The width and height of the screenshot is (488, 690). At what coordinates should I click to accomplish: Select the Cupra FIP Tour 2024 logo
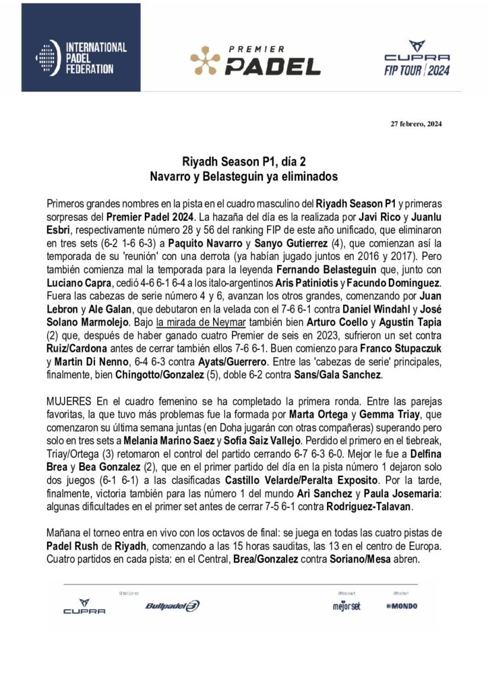(x=416, y=59)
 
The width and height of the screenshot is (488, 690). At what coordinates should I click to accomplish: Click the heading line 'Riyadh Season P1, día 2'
(x=243, y=162)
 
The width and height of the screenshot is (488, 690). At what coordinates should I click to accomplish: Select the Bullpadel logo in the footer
(x=172, y=606)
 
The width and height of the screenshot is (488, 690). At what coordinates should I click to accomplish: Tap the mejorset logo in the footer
(x=346, y=606)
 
